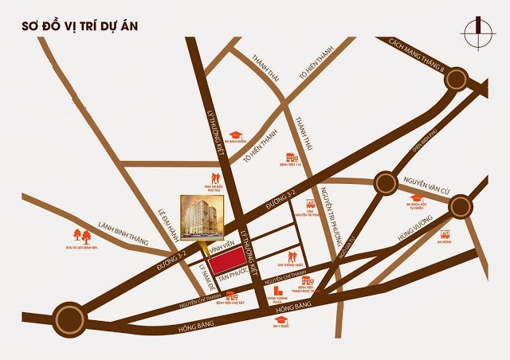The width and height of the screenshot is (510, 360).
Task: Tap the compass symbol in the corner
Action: (x=478, y=32)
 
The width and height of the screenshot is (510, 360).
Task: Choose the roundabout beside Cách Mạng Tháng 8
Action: (x=456, y=78)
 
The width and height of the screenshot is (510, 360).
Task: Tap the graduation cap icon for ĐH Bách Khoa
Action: (x=236, y=135)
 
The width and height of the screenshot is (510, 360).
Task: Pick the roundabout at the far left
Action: (x=68, y=317)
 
